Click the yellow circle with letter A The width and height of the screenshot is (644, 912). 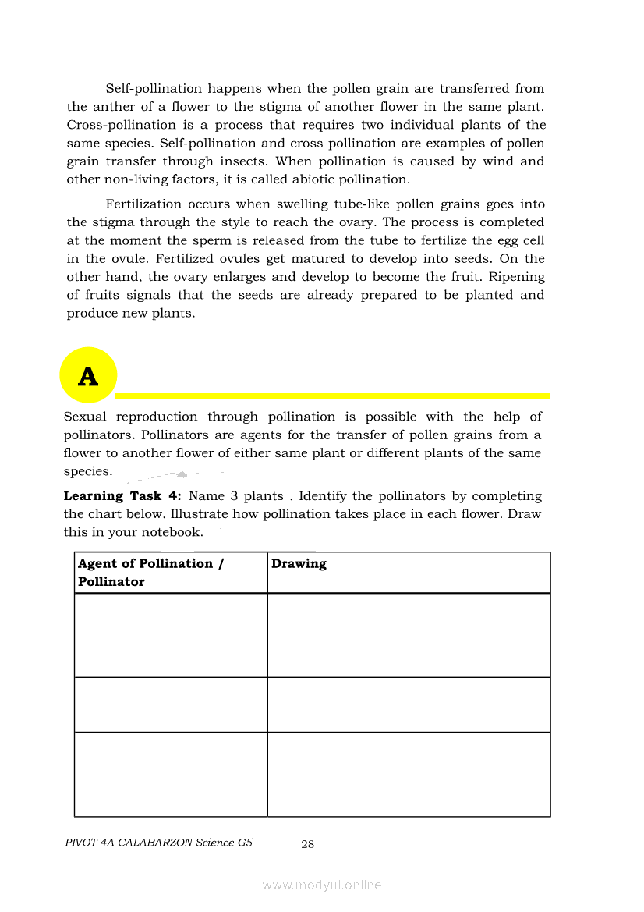88,376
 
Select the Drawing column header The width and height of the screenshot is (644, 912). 299,563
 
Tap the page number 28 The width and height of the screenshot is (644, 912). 307,843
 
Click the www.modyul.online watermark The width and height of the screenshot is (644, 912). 322,885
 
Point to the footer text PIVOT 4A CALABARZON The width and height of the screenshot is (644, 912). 159,843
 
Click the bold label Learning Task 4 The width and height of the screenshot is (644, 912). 122,496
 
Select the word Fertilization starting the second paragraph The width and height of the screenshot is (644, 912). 143,204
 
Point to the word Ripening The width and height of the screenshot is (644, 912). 516,277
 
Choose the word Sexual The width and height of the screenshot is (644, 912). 85,417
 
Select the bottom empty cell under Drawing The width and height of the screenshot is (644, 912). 409,774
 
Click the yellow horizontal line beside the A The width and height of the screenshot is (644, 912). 335,396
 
